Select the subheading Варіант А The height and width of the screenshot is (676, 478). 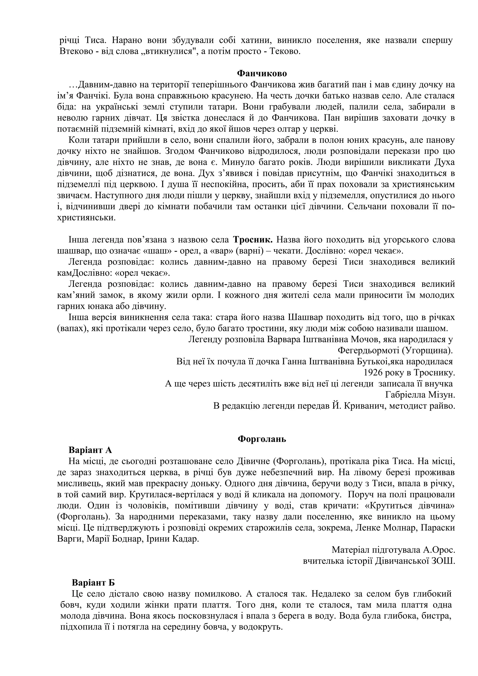tap(90, 450)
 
